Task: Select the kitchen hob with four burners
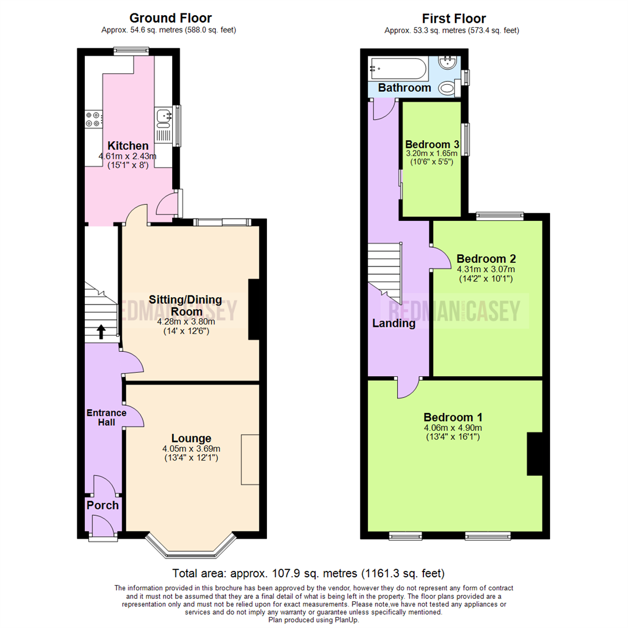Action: tap(92, 119)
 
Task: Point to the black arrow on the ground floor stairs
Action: tap(101, 331)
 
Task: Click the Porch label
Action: tap(102, 505)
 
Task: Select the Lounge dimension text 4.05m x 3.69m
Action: tap(191, 448)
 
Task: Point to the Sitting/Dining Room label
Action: tap(185, 305)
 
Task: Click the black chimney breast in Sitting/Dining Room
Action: tap(254, 309)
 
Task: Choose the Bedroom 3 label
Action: tap(432, 144)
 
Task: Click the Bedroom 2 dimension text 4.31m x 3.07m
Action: tap(486, 269)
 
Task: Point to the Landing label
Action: tap(394, 323)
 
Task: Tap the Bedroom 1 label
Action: tap(452, 417)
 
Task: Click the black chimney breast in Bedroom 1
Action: tap(534, 454)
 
